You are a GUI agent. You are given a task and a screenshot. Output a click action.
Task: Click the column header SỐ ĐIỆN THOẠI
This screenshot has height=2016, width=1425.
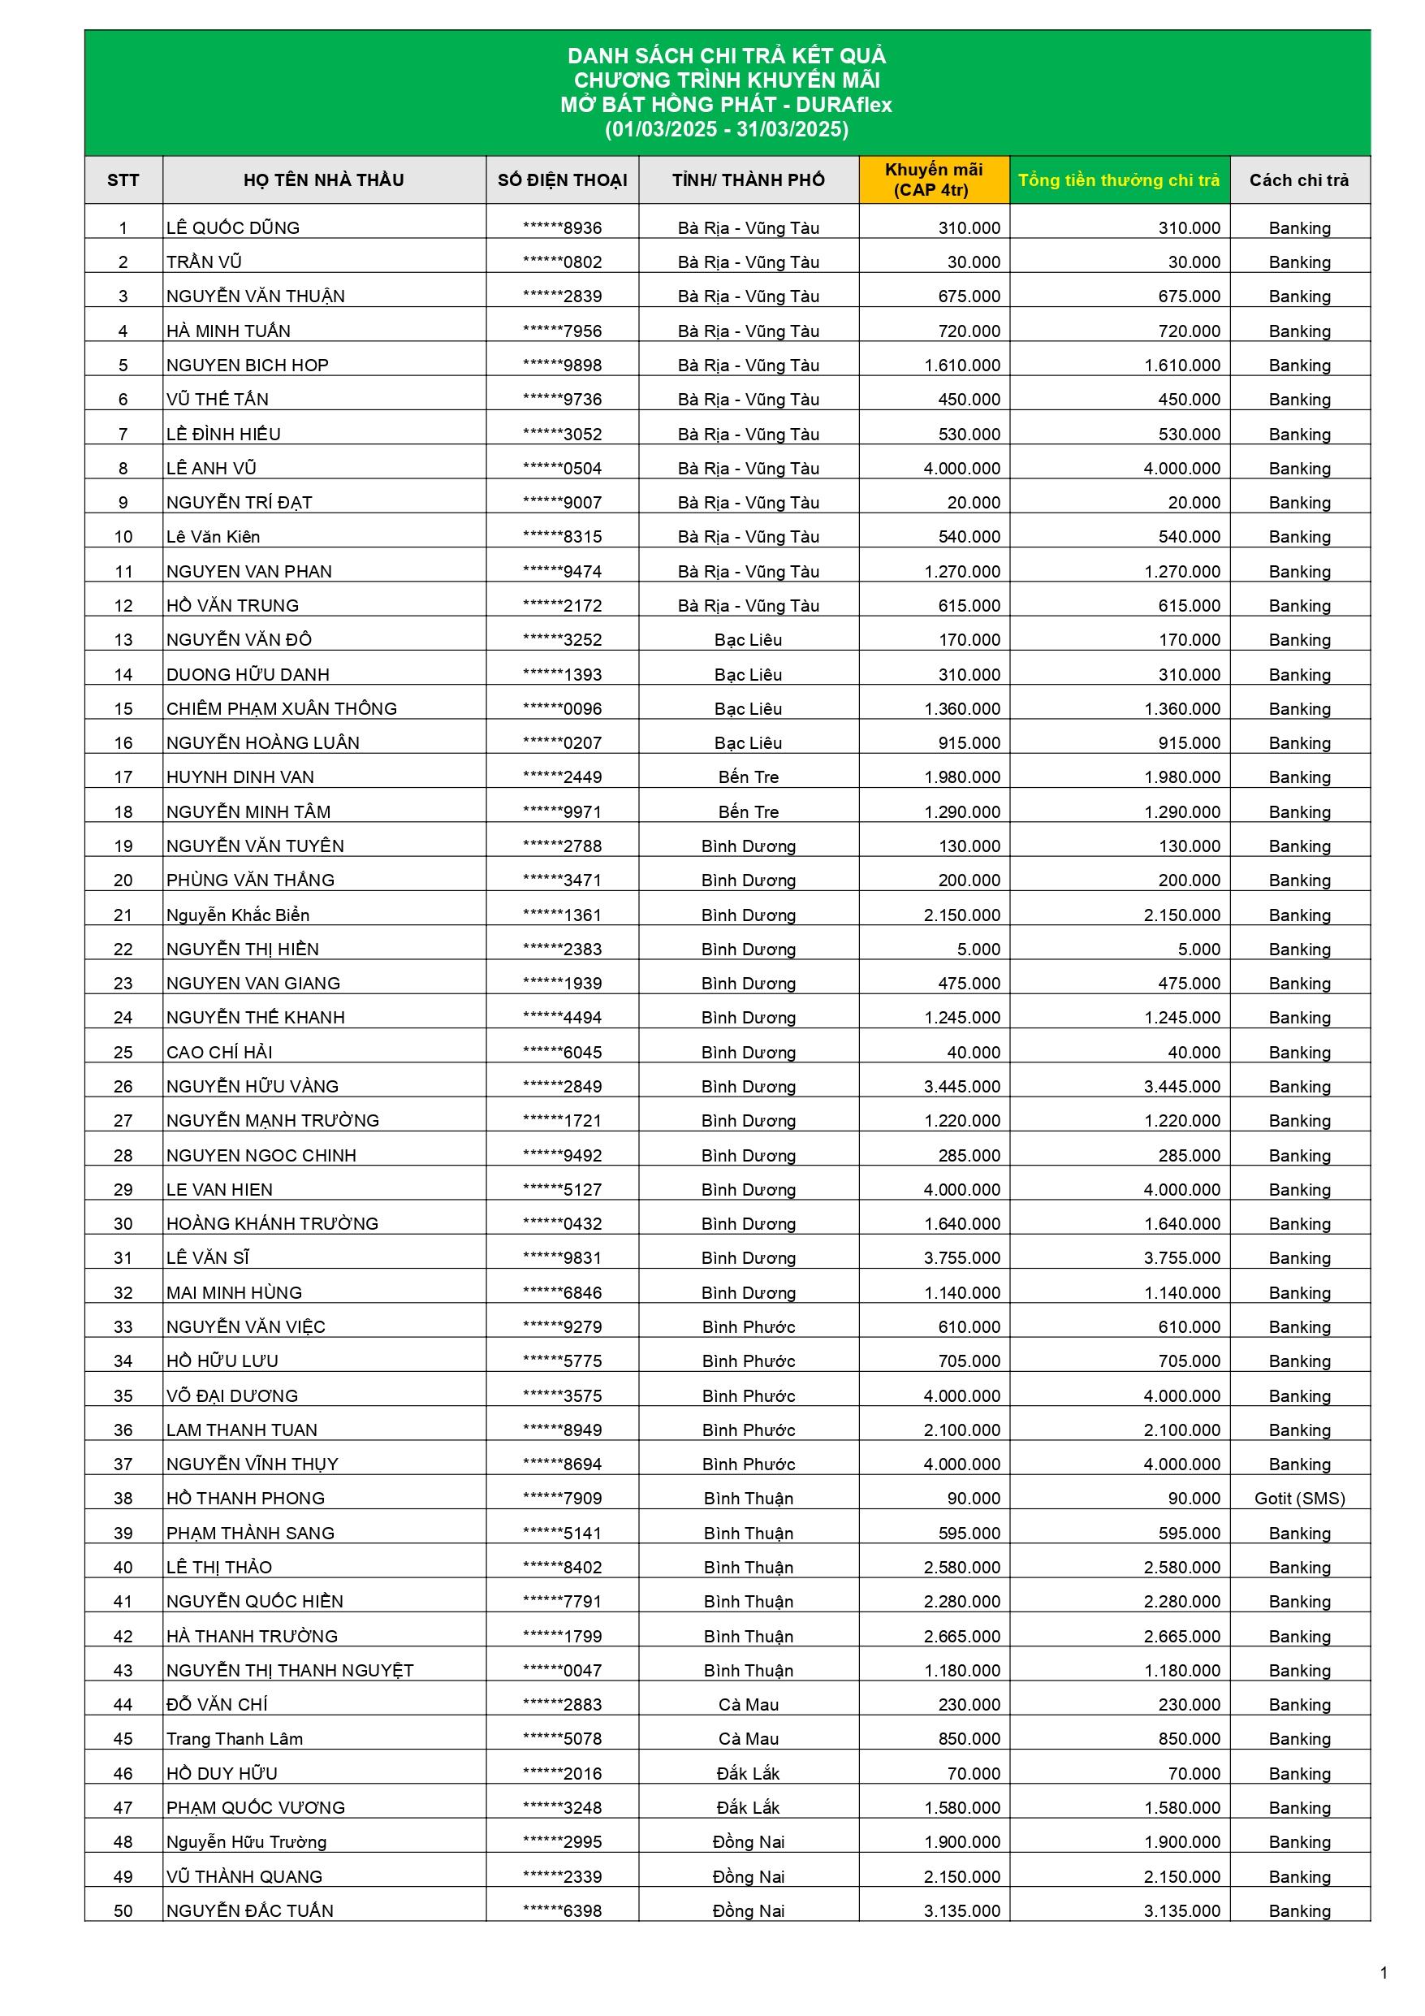pos(562,180)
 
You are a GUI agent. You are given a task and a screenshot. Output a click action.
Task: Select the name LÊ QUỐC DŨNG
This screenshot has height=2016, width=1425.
pos(233,228)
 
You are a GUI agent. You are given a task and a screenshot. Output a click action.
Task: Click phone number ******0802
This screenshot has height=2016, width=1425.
pos(562,262)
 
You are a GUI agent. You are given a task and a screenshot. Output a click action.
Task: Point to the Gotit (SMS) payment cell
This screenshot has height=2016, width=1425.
pos(1299,1499)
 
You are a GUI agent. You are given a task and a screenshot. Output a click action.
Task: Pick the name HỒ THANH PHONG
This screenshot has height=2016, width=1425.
pos(245,1499)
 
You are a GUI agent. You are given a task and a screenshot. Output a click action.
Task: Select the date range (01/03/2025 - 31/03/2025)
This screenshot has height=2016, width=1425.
pos(726,130)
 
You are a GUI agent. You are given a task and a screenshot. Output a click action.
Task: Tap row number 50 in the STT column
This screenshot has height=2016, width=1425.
pos(123,1911)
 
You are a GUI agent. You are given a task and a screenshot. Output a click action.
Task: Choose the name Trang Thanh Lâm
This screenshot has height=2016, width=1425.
pos(235,1739)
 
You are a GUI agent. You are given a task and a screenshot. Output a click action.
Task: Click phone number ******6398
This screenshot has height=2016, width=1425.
pos(562,1911)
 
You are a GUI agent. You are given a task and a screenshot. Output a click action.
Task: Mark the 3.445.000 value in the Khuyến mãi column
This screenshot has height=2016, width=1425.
pos(961,1087)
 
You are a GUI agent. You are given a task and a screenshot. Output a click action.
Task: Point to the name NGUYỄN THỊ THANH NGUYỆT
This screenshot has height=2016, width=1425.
pos(290,1671)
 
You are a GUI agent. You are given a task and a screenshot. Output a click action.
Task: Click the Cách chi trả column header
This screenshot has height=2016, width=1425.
pos(1298,180)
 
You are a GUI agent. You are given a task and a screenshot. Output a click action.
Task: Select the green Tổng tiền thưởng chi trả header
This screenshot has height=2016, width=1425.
pos(1119,180)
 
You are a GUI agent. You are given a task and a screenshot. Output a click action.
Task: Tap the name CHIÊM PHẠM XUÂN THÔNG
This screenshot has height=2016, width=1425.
pos(281,709)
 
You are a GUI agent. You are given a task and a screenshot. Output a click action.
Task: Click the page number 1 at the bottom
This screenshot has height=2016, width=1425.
pos(1384,1973)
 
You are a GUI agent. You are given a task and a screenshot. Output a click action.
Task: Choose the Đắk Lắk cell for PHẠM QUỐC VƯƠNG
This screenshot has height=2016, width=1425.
pos(748,1808)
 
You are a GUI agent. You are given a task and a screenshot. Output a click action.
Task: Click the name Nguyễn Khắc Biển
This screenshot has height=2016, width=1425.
pos(237,915)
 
